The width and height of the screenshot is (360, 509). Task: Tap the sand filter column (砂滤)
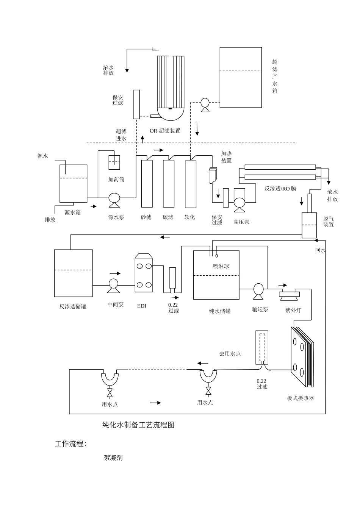[x=147, y=184]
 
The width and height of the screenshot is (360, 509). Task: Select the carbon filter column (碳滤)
[x=169, y=184]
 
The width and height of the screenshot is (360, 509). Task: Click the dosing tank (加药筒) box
[x=114, y=162]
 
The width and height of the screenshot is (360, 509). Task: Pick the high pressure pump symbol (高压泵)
[x=239, y=202]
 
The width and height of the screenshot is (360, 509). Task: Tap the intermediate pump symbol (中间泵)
[x=113, y=284]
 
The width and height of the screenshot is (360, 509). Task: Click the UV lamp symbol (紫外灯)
[x=289, y=295]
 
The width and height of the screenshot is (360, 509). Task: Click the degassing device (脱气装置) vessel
[x=309, y=225]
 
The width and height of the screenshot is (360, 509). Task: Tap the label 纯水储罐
[x=220, y=311]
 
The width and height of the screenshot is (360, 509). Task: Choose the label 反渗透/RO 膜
[x=280, y=189]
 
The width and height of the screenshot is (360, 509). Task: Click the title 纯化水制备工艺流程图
[x=138, y=425]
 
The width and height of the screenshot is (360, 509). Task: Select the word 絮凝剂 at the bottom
[x=113, y=457]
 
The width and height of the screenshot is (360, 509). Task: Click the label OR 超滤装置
[x=165, y=131]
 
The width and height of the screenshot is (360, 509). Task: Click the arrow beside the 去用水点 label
[x=203, y=363]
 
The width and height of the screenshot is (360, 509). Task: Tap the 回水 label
[x=321, y=250]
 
